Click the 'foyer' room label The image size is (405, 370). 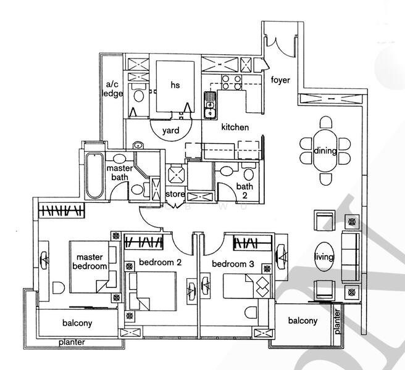coord(282,79)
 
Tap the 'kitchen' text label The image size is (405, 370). coord(235,128)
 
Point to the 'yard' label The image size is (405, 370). coord(171,131)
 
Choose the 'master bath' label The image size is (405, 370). coord(118,173)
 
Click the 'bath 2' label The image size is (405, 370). coord(244,191)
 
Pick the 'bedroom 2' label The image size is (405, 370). coord(159,262)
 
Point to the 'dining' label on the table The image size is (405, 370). coord(325,152)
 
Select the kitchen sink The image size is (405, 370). coord(210,104)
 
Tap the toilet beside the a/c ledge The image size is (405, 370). coord(138,94)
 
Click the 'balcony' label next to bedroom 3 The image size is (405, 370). coord(303,321)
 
